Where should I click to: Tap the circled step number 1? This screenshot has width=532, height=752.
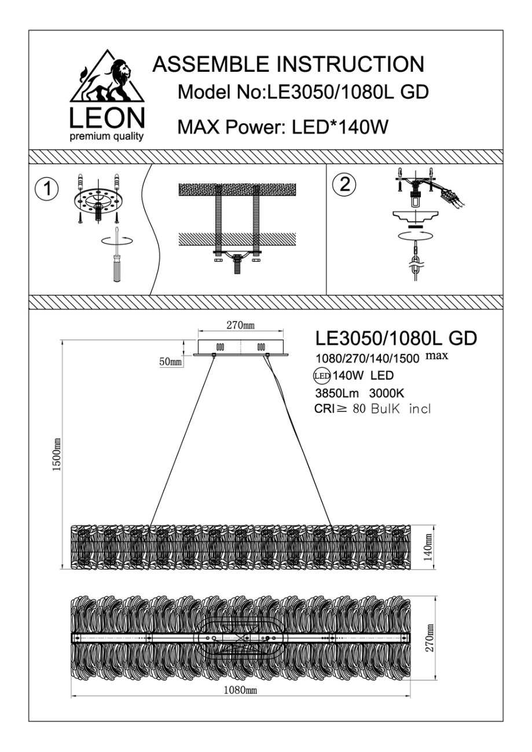46,189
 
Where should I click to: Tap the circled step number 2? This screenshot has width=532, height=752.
345,185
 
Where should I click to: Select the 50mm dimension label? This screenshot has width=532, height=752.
170,362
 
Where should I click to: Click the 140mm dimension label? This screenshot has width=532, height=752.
428,546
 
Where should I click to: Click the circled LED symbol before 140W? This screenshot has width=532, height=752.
321,375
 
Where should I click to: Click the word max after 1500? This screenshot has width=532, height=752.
437,355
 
